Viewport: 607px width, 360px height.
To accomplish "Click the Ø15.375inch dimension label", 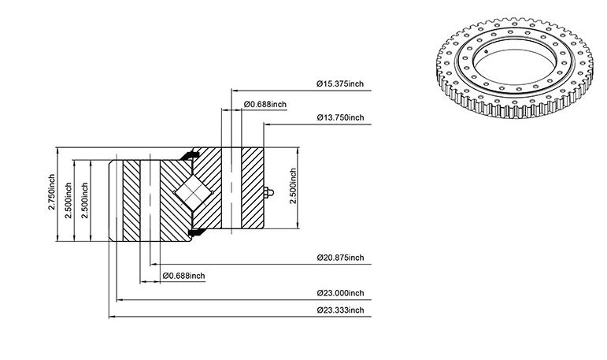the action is tap(340, 84).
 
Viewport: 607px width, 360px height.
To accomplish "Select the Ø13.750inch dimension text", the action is tap(340, 117).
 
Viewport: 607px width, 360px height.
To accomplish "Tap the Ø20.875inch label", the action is tap(340, 258).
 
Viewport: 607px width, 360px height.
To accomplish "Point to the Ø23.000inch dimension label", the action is tap(340, 293).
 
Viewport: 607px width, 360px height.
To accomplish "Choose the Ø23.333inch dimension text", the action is tap(340, 310).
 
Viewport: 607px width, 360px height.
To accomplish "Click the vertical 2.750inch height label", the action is tap(51, 192).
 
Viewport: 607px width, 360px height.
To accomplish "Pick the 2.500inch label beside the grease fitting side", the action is tap(293, 186).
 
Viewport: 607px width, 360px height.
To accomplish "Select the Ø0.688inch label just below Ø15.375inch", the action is tap(265, 104).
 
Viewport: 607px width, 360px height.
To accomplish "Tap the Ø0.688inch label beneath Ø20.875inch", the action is tap(184, 276).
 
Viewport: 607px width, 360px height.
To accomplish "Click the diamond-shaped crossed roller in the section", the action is tap(193, 192).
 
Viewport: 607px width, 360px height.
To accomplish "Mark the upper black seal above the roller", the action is tap(190, 155).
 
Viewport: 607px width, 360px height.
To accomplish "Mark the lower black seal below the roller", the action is tap(196, 232).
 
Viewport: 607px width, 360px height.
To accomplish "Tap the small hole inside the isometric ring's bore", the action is tap(487, 50).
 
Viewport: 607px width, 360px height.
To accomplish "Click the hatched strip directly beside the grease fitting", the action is tap(253, 188).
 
